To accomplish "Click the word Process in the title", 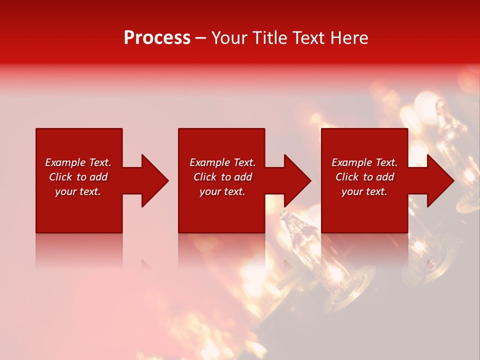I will [157, 38].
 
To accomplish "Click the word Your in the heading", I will [230, 38].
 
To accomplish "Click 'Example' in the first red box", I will [66, 162].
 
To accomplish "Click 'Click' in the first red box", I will [60, 177].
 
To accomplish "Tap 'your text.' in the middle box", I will [222, 191].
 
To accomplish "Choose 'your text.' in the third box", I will [364, 191].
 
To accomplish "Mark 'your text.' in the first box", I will [78, 191].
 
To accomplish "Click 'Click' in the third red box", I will [347, 177].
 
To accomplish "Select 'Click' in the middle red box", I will [205, 177].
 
